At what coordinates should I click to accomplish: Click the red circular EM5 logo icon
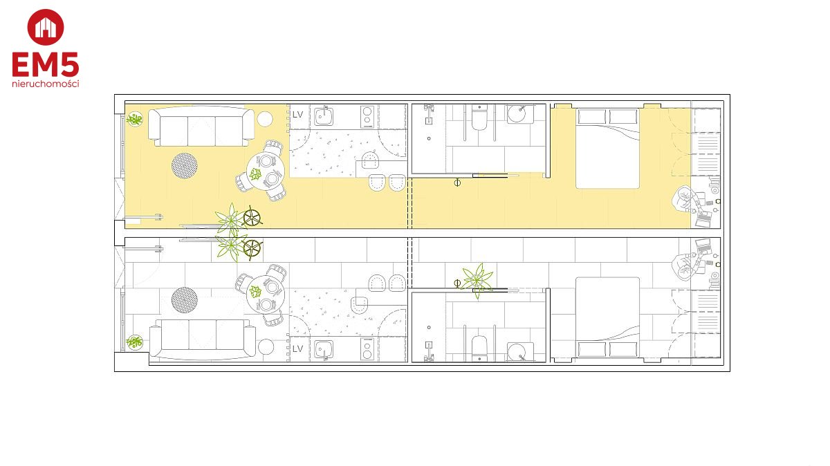pyautogui.click(x=46, y=27)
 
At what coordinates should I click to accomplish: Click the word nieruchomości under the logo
pyautogui.click(x=46, y=84)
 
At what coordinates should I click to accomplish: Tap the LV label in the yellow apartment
pyautogui.click(x=298, y=115)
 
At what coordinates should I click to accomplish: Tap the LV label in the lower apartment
pyautogui.click(x=298, y=348)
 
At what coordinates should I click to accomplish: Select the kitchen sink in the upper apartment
pyautogui.click(x=324, y=116)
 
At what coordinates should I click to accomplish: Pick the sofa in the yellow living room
pyautogui.click(x=201, y=127)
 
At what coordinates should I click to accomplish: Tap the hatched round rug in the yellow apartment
pyautogui.click(x=184, y=165)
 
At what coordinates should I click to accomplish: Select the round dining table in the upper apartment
pyautogui.click(x=266, y=171)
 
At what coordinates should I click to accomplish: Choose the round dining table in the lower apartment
pyautogui.click(x=266, y=294)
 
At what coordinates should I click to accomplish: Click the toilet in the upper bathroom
pyautogui.click(x=479, y=118)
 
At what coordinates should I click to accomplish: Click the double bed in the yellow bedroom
pyautogui.click(x=608, y=149)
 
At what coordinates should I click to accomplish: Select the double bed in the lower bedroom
pyautogui.click(x=608, y=317)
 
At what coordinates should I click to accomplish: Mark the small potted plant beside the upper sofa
pyautogui.click(x=134, y=120)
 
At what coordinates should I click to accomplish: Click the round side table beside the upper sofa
pyautogui.click(x=265, y=120)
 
